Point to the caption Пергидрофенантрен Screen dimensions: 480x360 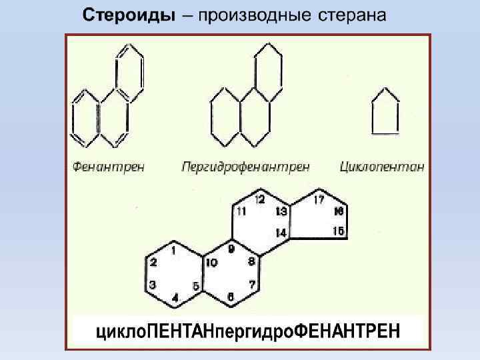coord(245,166)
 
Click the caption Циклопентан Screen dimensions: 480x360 coord(381,166)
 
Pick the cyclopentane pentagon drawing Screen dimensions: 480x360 coord(385,111)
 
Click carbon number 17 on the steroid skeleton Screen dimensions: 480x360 coord(319,199)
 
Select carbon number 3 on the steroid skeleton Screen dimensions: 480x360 coord(153,284)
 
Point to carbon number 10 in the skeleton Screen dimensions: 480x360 coord(211,263)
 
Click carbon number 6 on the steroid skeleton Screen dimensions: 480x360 coord(230,296)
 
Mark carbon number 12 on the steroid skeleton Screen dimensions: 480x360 coord(260,199)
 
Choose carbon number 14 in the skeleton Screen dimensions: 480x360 coord(281,233)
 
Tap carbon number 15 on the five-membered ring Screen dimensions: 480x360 coord(338,231)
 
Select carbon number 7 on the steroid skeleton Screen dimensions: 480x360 coord(252,285)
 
